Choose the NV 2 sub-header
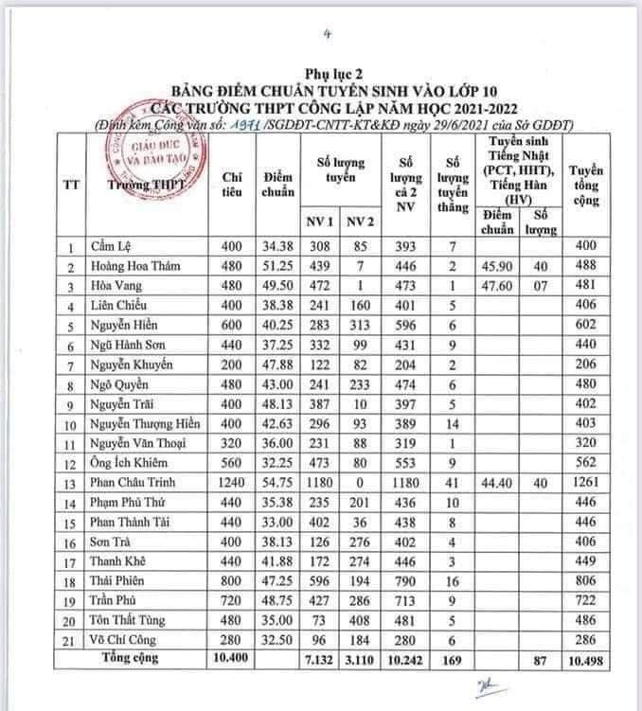click(x=356, y=222)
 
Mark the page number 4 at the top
click(x=327, y=36)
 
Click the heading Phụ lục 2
click(x=327, y=72)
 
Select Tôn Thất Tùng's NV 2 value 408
click(x=356, y=617)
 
